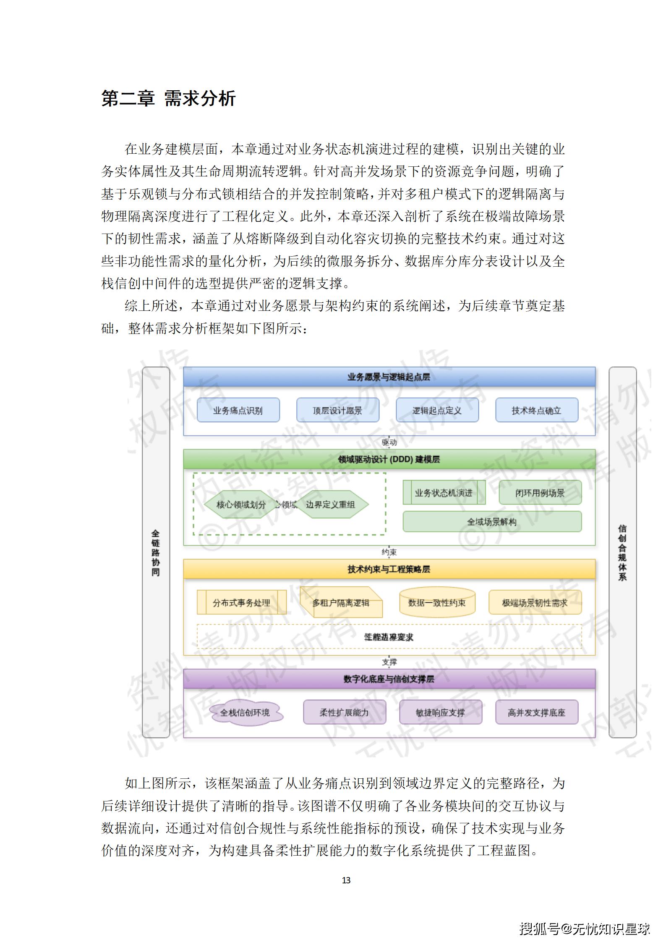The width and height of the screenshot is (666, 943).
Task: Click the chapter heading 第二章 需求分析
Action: point(168,99)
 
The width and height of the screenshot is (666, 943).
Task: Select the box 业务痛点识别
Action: point(238,410)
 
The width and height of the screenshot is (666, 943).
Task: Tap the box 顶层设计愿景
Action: point(337,410)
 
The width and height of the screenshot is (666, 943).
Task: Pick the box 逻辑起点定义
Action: point(437,410)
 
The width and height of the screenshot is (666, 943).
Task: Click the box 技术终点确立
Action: point(536,410)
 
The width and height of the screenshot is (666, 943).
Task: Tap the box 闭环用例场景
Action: point(540,492)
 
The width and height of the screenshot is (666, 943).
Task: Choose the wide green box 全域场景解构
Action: point(492,521)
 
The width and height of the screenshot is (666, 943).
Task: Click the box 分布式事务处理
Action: point(241,602)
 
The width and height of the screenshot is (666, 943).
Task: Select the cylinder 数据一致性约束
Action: point(437,602)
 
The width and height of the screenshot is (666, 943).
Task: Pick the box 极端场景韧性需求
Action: point(535,602)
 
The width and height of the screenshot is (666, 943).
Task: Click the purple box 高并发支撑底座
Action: point(536,712)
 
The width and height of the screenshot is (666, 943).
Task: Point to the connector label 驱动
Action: point(389,442)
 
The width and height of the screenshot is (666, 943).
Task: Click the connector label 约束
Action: point(389,552)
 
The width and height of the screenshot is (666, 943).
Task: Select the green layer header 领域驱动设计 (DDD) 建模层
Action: point(389,459)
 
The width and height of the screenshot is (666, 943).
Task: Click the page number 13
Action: point(346,880)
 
